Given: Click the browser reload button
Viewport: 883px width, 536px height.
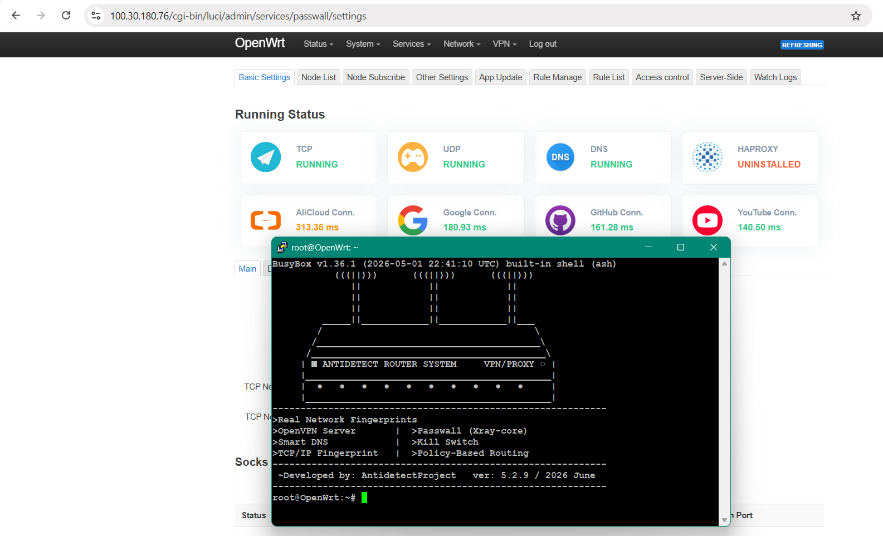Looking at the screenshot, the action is [66, 16].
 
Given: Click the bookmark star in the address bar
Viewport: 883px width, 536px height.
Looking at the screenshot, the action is [856, 16].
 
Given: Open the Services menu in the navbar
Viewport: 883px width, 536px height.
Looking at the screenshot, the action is [412, 44].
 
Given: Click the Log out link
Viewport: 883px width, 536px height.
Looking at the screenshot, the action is [543, 44].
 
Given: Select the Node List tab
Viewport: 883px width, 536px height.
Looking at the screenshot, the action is [319, 77].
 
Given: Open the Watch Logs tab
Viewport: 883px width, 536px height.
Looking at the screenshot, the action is [775, 77].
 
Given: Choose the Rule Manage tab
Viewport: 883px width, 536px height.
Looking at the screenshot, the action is [558, 77].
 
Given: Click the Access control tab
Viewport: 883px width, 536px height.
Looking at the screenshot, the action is [662, 77].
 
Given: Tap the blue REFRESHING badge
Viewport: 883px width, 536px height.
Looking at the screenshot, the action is [802, 45].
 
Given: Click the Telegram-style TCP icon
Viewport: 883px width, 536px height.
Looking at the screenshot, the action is [266, 157].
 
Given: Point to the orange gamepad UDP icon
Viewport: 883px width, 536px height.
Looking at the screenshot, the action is [413, 157].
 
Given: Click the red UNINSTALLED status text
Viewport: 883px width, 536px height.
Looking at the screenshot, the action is [769, 164].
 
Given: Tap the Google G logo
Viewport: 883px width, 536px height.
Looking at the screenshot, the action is [413, 220].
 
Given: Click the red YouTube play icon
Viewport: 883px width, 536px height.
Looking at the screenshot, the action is [707, 220].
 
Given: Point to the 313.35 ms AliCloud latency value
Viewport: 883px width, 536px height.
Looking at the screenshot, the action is [317, 227].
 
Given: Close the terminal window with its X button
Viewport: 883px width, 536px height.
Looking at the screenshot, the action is [714, 247].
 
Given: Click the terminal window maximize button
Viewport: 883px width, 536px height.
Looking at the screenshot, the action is [681, 247].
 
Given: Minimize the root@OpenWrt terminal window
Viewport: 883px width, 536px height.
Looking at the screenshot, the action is [648, 247].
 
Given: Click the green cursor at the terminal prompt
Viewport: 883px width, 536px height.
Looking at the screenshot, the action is [364, 498].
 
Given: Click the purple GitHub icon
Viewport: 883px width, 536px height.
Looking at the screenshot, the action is [560, 220].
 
